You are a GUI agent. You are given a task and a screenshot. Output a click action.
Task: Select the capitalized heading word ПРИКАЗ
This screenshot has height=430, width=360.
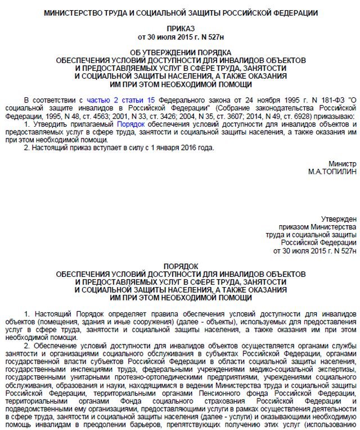tap(181, 28)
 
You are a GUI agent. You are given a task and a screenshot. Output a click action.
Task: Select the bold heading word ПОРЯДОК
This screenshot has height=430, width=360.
tap(181, 266)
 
